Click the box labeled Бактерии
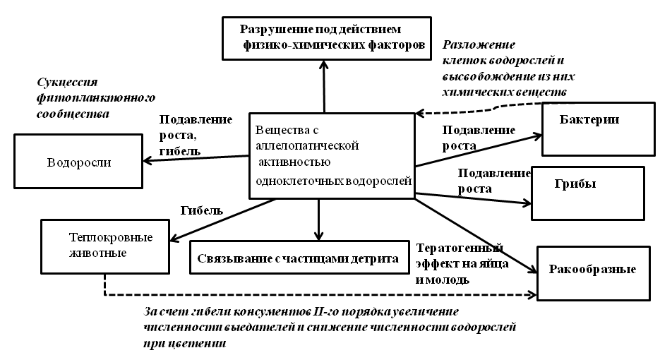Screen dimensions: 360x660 click(x=599, y=129)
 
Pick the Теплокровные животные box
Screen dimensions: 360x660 click(x=106, y=244)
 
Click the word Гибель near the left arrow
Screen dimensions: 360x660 click(x=201, y=210)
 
